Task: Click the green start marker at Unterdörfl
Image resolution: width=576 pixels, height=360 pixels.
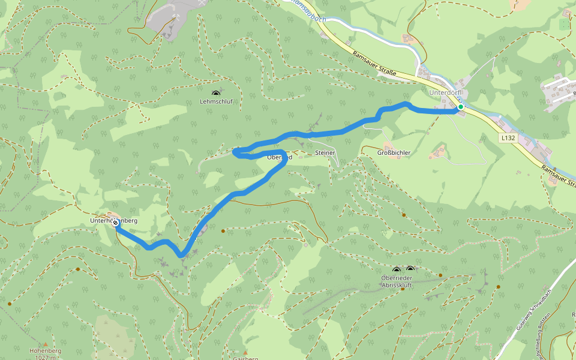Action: (x=460, y=107)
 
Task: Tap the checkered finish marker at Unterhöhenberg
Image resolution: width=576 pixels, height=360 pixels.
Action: (x=115, y=222)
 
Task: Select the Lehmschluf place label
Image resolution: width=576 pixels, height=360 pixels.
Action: (x=216, y=102)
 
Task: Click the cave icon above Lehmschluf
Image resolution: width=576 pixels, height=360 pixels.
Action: (x=216, y=93)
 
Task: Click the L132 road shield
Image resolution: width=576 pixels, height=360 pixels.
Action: (x=508, y=137)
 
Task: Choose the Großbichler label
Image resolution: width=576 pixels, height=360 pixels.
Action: (x=394, y=153)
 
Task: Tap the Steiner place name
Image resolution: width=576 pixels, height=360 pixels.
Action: (x=325, y=153)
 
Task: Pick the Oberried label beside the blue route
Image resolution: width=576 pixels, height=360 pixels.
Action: (x=279, y=157)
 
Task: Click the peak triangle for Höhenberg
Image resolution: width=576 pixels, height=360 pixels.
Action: (x=45, y=344)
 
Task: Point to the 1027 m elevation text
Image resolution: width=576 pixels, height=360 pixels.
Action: (x=46, y=358)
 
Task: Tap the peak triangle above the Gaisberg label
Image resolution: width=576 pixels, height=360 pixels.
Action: (x=245, y=352)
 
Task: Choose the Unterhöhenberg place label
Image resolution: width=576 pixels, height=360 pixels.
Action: (x=114, y=221)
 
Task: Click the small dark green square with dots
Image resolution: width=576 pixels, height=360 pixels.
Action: (x=563, y=24)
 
